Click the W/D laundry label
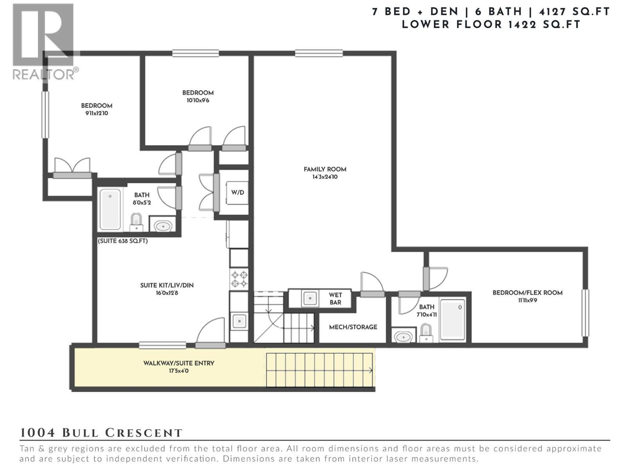(x=237, y=192)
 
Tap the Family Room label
(x=325, y=169)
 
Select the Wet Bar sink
(x=310, y=299)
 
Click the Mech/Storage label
(x=353, y=327)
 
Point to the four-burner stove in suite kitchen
(x=239, y=279)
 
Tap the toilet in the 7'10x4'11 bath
(x=426, y=334)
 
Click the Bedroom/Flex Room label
(x=527, y=293)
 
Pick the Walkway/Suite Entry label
(x=179, y=363)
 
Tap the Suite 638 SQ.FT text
(x=123, y=241)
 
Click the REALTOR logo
(x=44, y=41)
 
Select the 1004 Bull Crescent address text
(x=101, y=433)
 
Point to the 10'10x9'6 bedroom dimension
(x=198, y=100)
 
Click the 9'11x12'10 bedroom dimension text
(x=97, y=113)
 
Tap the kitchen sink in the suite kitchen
(x=239, y=321)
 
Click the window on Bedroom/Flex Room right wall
(x=585, y=313)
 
